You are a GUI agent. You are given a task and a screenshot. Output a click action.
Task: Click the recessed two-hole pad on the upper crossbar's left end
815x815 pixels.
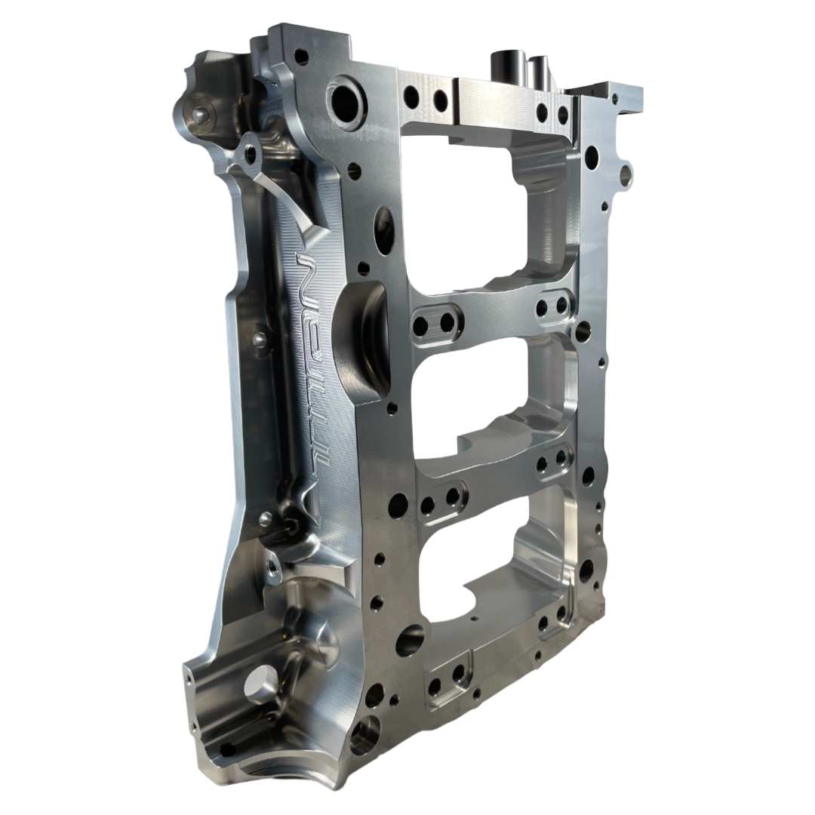(434, 324)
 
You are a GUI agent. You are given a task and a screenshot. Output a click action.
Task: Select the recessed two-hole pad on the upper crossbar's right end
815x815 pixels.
(552, 305)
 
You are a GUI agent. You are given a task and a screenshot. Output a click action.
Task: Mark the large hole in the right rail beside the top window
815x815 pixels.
(591, 158)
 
